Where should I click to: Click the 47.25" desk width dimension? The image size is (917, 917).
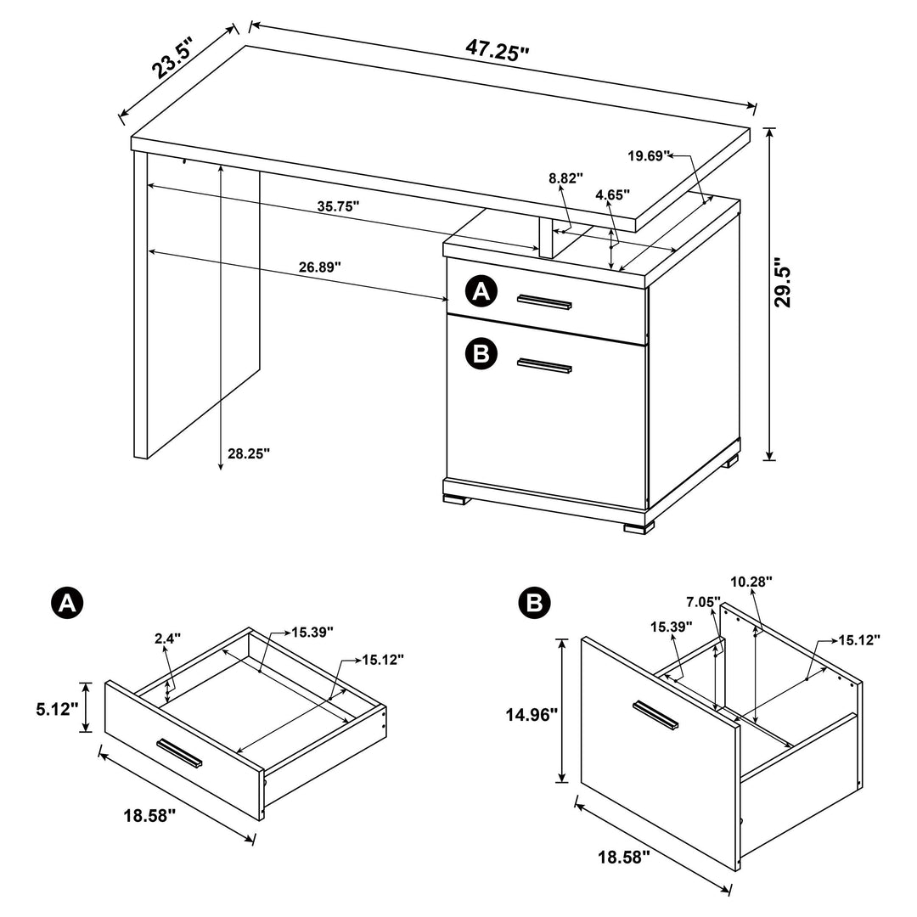[497, 48]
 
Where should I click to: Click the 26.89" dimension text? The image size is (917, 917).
[320, 266]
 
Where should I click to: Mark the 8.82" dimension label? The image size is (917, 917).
[566, 178]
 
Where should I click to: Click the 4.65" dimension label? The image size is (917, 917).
[613, 194]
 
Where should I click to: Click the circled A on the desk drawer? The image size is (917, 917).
[481, 293]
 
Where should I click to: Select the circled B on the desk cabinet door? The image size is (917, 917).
[481, 353]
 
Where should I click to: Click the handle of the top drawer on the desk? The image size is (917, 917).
[544, 301]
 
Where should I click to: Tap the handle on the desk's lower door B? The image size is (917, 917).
[544, 366]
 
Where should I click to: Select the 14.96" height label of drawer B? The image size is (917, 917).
[531, 715]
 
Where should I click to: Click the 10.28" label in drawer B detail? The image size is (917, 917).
[751, 582]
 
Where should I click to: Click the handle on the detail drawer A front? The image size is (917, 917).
[179, 752]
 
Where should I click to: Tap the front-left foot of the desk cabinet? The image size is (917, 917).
[455, 500]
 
